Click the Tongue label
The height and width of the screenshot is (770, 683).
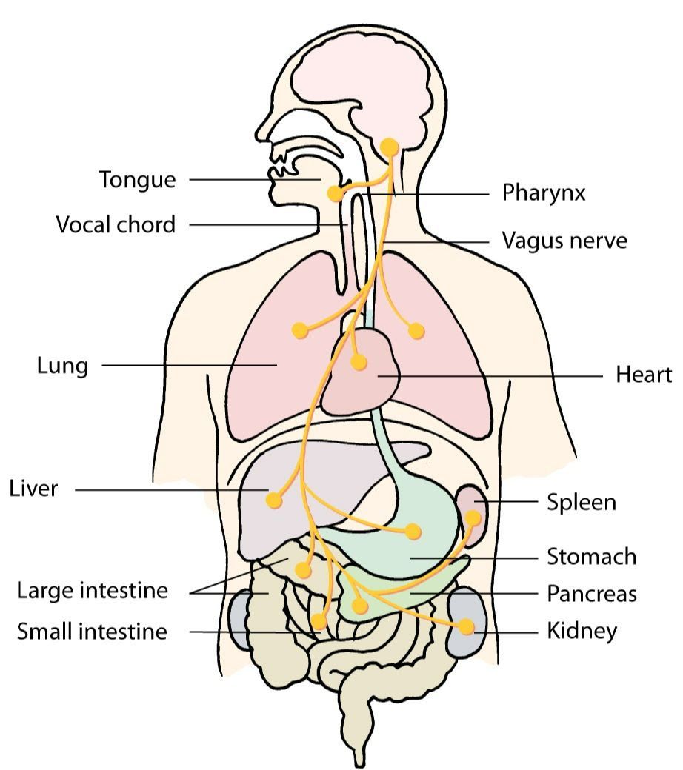[138, 180]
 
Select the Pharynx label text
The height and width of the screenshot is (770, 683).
[544, 193]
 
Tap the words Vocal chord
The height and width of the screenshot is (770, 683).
[116, 224]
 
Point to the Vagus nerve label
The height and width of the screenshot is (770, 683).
[564, 241]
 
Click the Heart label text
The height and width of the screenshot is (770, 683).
[644, 375]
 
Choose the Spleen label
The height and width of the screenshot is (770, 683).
[582, 502]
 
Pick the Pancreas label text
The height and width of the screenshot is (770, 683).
[592, 593]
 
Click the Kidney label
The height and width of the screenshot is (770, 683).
[582, 632]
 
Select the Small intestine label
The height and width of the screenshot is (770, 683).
[93, 632]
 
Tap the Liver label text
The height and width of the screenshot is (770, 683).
[33, 489]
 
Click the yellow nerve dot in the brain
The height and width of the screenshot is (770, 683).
[390, 147]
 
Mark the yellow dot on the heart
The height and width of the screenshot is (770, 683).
[359, 363]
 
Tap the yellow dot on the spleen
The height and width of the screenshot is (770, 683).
[473, 518]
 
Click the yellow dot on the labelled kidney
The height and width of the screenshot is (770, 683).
[467, 627]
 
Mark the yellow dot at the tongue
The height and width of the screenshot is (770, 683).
[335, 194]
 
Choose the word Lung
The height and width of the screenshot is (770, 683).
[62, 366]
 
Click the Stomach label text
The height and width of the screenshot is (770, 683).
[592, 556]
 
